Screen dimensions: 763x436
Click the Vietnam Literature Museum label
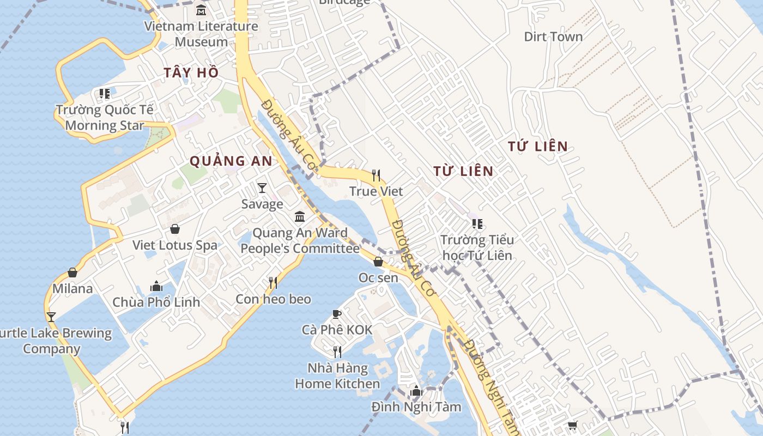pos(201,34)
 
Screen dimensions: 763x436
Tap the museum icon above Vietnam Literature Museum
pos(201,10)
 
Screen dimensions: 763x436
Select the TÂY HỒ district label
pos(191,72)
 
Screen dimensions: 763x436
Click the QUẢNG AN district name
pos(231,161)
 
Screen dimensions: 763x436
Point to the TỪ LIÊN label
pos(463,171)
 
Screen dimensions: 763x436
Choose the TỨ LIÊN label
pos(537,146)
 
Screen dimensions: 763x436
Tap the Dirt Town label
pos(553,37)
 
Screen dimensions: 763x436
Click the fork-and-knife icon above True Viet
pos(376,175)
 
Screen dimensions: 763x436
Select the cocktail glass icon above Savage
pos(262,188)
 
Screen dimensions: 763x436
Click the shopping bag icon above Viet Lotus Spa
pos(175,229)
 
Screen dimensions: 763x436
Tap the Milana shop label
pos(72,288)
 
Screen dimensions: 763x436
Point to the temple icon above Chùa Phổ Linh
pos(156,286)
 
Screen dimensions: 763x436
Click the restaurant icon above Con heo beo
pos(273,282)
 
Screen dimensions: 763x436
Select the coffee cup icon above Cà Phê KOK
pos(337,314)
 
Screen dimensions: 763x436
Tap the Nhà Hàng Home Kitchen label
pos(337,376)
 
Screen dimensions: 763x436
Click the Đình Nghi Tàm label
pos(416,407)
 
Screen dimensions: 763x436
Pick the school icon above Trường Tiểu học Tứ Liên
pos(477,223)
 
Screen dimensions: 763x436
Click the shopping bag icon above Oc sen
pos(378,262)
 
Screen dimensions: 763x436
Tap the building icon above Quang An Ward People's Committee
pos(300,217)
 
